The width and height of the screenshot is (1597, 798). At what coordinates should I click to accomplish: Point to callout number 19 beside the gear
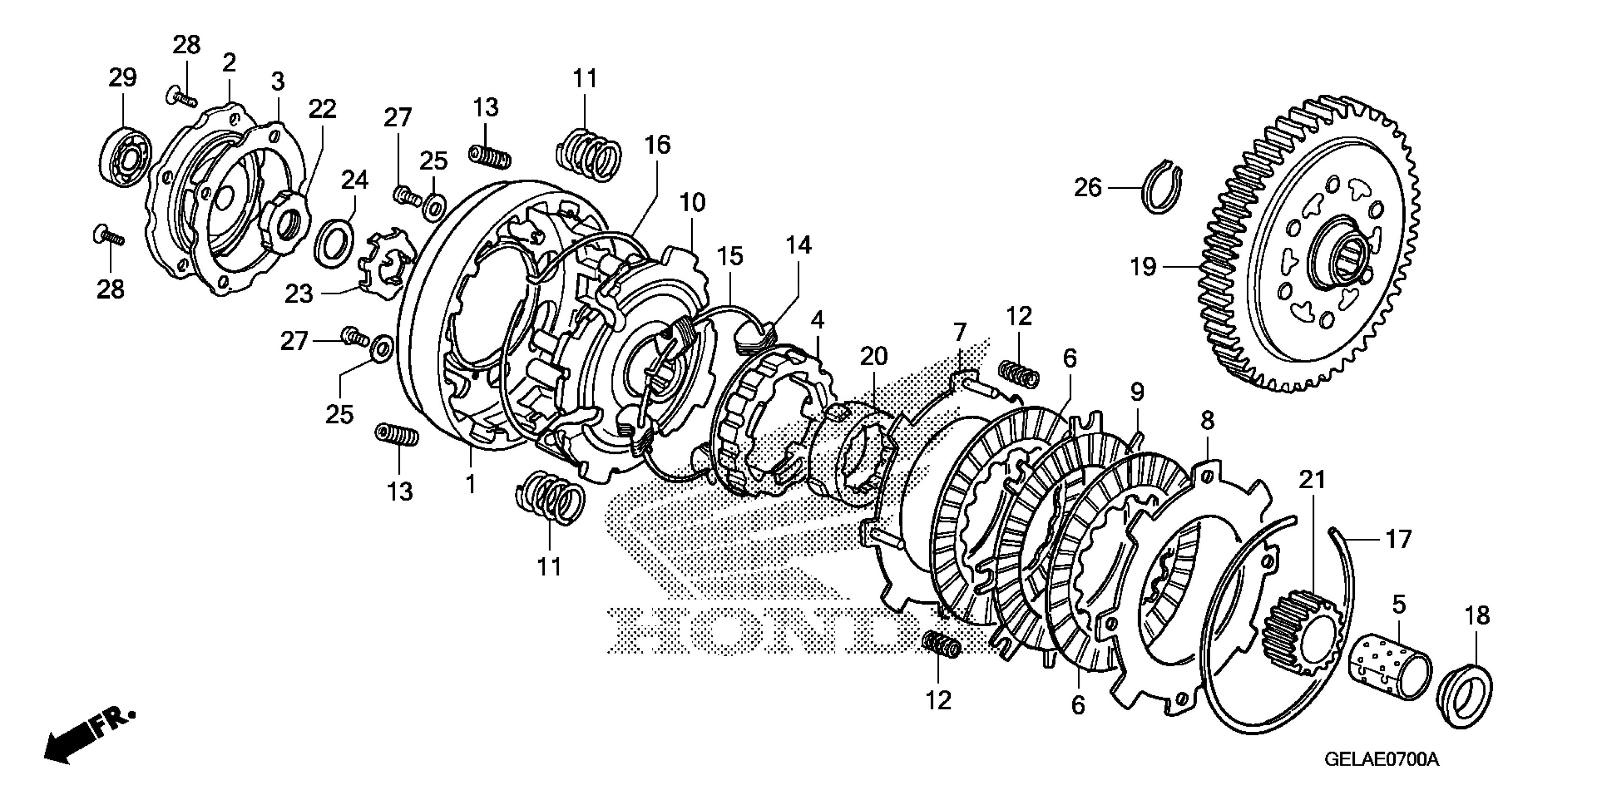click(x=1143, y=267)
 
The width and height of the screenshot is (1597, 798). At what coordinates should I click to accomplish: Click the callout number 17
click(x=1398, y=539)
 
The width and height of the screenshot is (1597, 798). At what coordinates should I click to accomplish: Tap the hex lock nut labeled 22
click(x=285, y=222)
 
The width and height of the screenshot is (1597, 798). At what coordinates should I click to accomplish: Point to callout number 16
click(x=657, y=145)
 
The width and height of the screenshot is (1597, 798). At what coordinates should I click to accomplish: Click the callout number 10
click(x=693, y=203)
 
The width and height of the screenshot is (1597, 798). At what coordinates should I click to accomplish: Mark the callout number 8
click(x=1207, y=421)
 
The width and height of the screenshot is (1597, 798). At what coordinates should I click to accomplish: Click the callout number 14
click(x=799, y=246)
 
